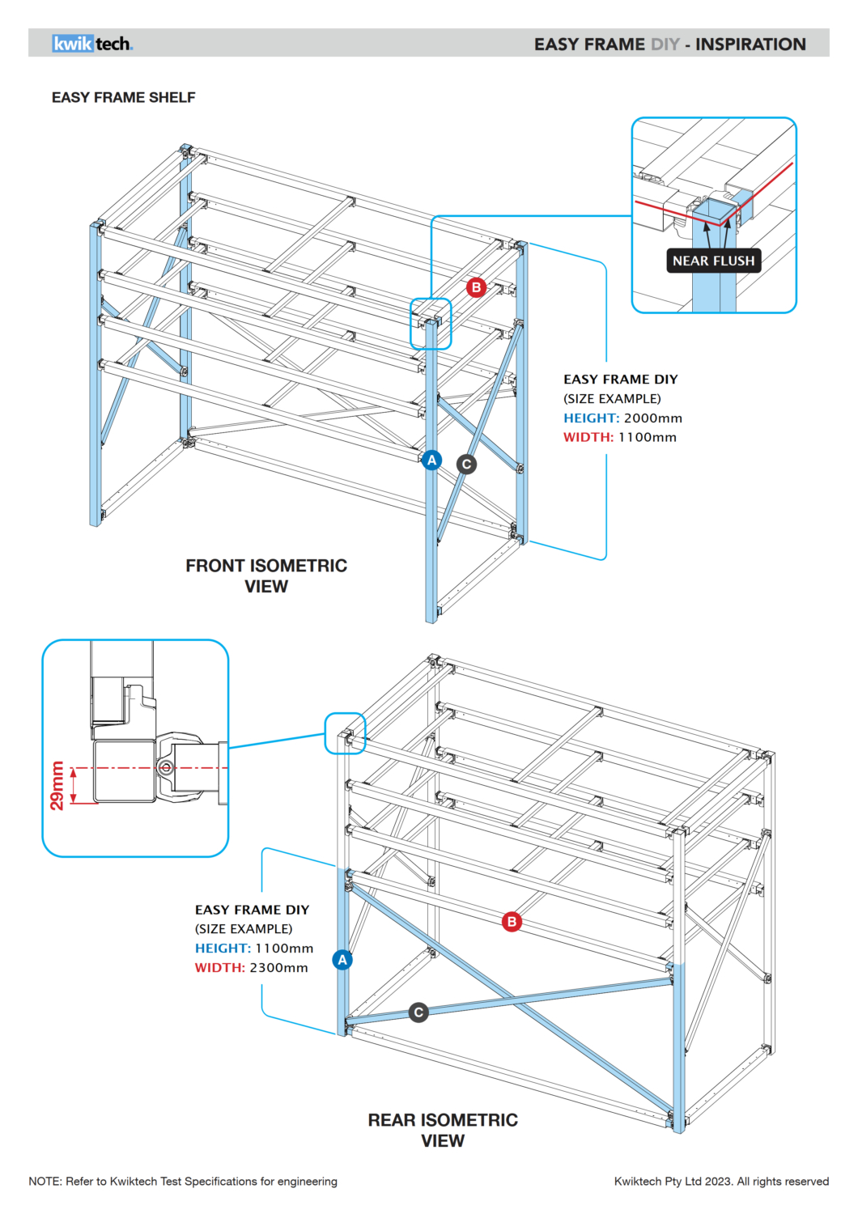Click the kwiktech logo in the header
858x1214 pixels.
click(x=92, y=44)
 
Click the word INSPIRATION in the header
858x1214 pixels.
click(x=750, y=45)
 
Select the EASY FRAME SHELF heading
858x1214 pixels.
click(x=124, y=97)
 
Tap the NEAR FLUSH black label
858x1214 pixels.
click(x=713, y=261)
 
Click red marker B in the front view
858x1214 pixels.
click(x=476, y=287)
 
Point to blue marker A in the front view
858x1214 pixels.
click(x=431, y=460)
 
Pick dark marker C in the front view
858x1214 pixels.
click(x=466, y=464)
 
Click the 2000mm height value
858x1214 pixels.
click(x=652, y=418)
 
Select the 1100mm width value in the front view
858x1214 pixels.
click(x=647, y=437)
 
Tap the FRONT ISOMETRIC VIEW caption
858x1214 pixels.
click(x=266, y=575)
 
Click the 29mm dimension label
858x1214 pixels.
click(x=57, y=785)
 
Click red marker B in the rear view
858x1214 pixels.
click(x=512, y=922)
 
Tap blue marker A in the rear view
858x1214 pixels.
click(x=342, y=960)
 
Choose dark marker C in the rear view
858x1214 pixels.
click(x=418, y=1012)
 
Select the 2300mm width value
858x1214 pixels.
click(x=278, y=968)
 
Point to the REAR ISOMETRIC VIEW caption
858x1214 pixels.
click(x=443, y=1130)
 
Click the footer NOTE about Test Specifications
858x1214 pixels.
click(x=183, y=1182)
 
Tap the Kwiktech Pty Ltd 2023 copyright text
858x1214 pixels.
click(x=721, y=1182)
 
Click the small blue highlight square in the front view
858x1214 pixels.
click(x=431, y=324)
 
